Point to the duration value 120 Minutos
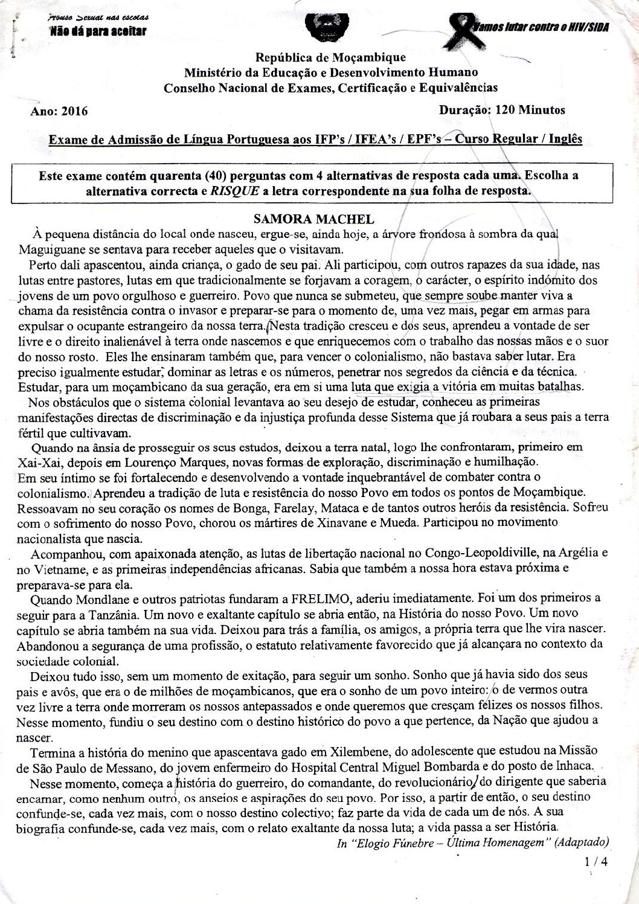click(x=529, y=110)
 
